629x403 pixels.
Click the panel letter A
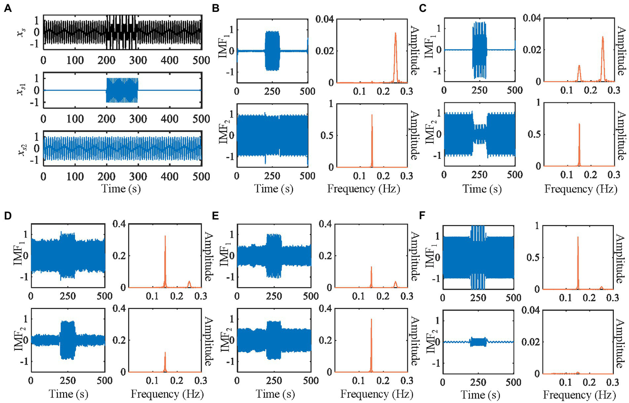click(x=7, y=8)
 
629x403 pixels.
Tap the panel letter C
click(x=423, y=8)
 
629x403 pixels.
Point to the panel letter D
click(x=7, y=216)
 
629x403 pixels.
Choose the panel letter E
click(x=215, y=216)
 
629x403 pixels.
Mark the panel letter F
click(x=422, y=216)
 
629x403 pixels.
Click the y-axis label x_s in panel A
click(x=21, y=32)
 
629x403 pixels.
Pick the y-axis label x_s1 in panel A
click(x=21, y=91)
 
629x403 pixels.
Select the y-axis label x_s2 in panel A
click(x=21, y=149)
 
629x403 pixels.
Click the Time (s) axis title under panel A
click(x=121, y=189)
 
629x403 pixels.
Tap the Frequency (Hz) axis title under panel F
click(x=579, y=395)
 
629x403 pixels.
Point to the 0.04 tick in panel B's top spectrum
click(x=325, y=19)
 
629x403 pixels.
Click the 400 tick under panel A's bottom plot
click(x=170, y=177)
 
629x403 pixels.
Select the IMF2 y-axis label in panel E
click(x=225, y=340)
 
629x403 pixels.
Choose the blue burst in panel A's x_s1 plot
click(x=122, y=91)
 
